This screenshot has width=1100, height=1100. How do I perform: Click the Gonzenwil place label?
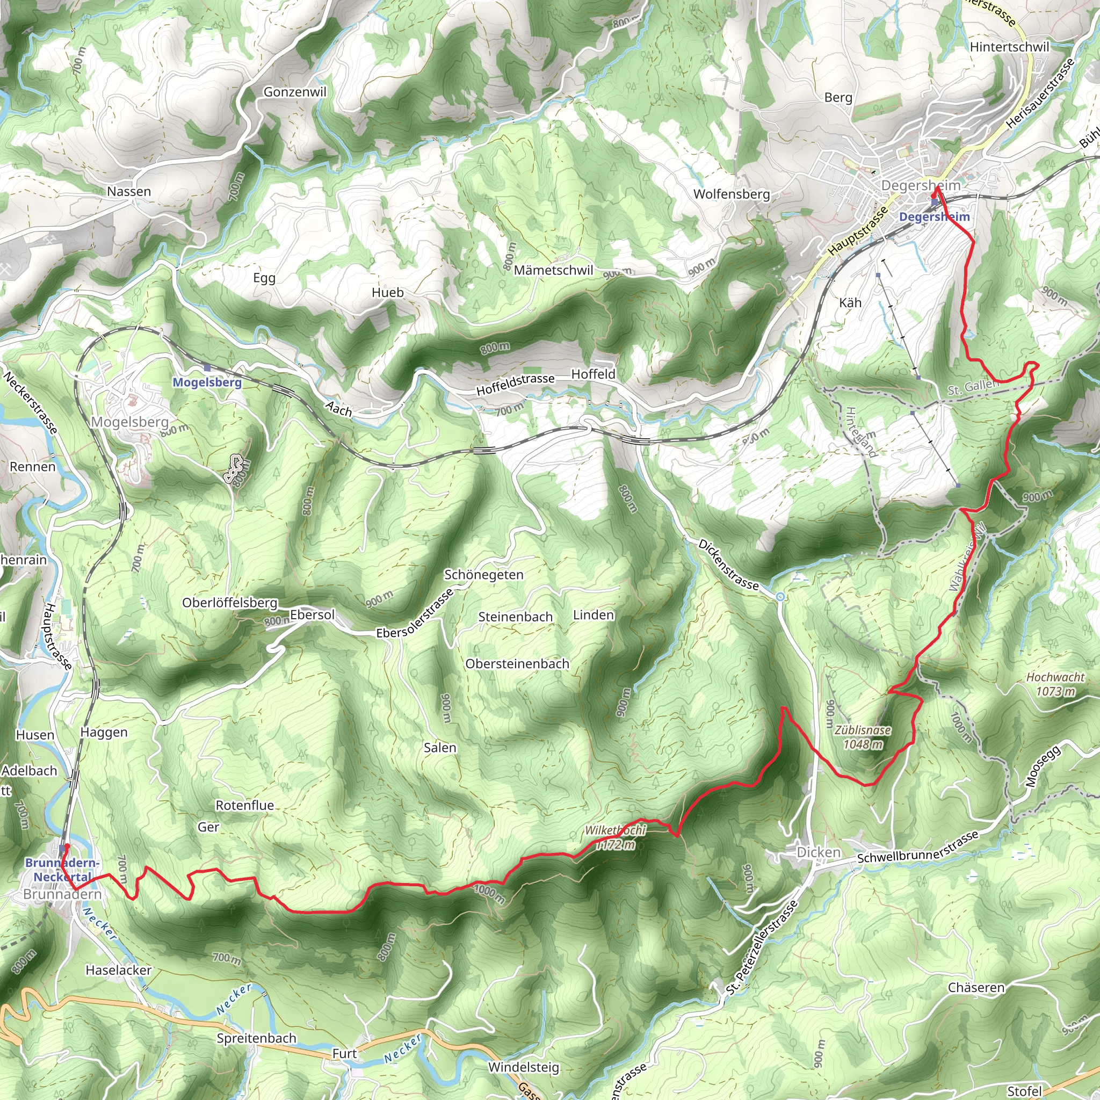point(294,92)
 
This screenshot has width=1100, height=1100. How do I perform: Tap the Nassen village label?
point(129,191)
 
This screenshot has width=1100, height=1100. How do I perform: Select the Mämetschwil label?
point(553,271)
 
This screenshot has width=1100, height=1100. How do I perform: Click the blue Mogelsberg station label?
point(207,382)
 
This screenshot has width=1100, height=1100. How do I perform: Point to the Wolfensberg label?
point(732,194)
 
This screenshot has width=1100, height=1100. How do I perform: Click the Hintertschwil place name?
point(1009,47)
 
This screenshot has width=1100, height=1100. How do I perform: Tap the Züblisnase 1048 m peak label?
point(863,737)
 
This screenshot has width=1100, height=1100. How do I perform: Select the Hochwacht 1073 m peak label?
point(1055,684)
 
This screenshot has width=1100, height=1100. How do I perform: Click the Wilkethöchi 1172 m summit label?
point(616,837)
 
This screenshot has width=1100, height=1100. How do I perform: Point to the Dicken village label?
point(818,852)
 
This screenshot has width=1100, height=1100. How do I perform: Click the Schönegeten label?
point(483,575)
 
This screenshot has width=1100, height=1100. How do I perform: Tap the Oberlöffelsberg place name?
point(230,603)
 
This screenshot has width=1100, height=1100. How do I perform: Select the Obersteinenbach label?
point(517,664)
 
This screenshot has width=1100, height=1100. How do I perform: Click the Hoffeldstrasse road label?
point(515,385)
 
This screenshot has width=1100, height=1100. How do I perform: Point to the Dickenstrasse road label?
point(728,565)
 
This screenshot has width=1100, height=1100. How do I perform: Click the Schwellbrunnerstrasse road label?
point(918,847)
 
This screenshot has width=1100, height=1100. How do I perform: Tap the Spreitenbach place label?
point(256,1038)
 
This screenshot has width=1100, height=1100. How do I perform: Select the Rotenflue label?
point(245,805)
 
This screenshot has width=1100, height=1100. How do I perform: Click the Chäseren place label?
point(976,988)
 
